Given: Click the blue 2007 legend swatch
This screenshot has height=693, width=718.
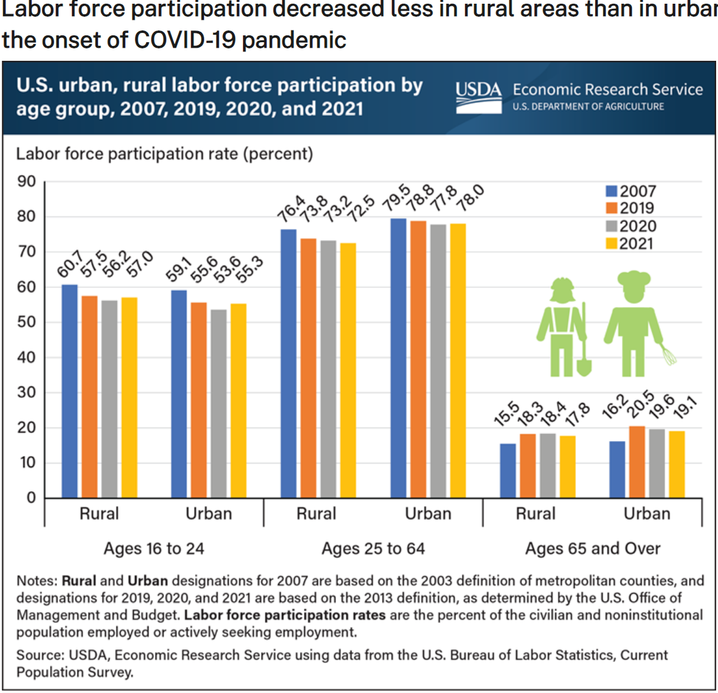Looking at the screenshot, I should coord(612,192).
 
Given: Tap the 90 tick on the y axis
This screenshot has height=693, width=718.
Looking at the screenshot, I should coord(27,182).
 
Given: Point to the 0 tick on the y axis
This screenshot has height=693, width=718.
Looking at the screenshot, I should coord(31,498).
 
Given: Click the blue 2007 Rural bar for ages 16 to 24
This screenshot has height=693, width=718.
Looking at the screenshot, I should coord(69,391).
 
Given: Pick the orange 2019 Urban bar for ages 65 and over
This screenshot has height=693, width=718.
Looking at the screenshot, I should coord(637,462).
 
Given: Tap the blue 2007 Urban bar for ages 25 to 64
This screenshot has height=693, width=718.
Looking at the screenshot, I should coord(398,358).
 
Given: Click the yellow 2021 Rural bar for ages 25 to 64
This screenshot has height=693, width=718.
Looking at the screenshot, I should coord(348,370).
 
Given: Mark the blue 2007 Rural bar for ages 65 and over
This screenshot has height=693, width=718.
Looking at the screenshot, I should coord(508,470).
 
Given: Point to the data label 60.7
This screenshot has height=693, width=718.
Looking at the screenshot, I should coord(69,266).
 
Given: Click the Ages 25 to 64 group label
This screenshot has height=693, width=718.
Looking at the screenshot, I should coord(373,548).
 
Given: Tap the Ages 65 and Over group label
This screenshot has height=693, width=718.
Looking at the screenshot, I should coord(593,548).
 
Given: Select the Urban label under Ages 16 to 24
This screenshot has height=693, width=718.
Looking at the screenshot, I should coord(208,514).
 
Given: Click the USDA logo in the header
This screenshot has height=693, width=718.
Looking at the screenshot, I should coord(478,97).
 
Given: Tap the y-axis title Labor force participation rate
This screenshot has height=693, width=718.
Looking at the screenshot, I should coord(164,153).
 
